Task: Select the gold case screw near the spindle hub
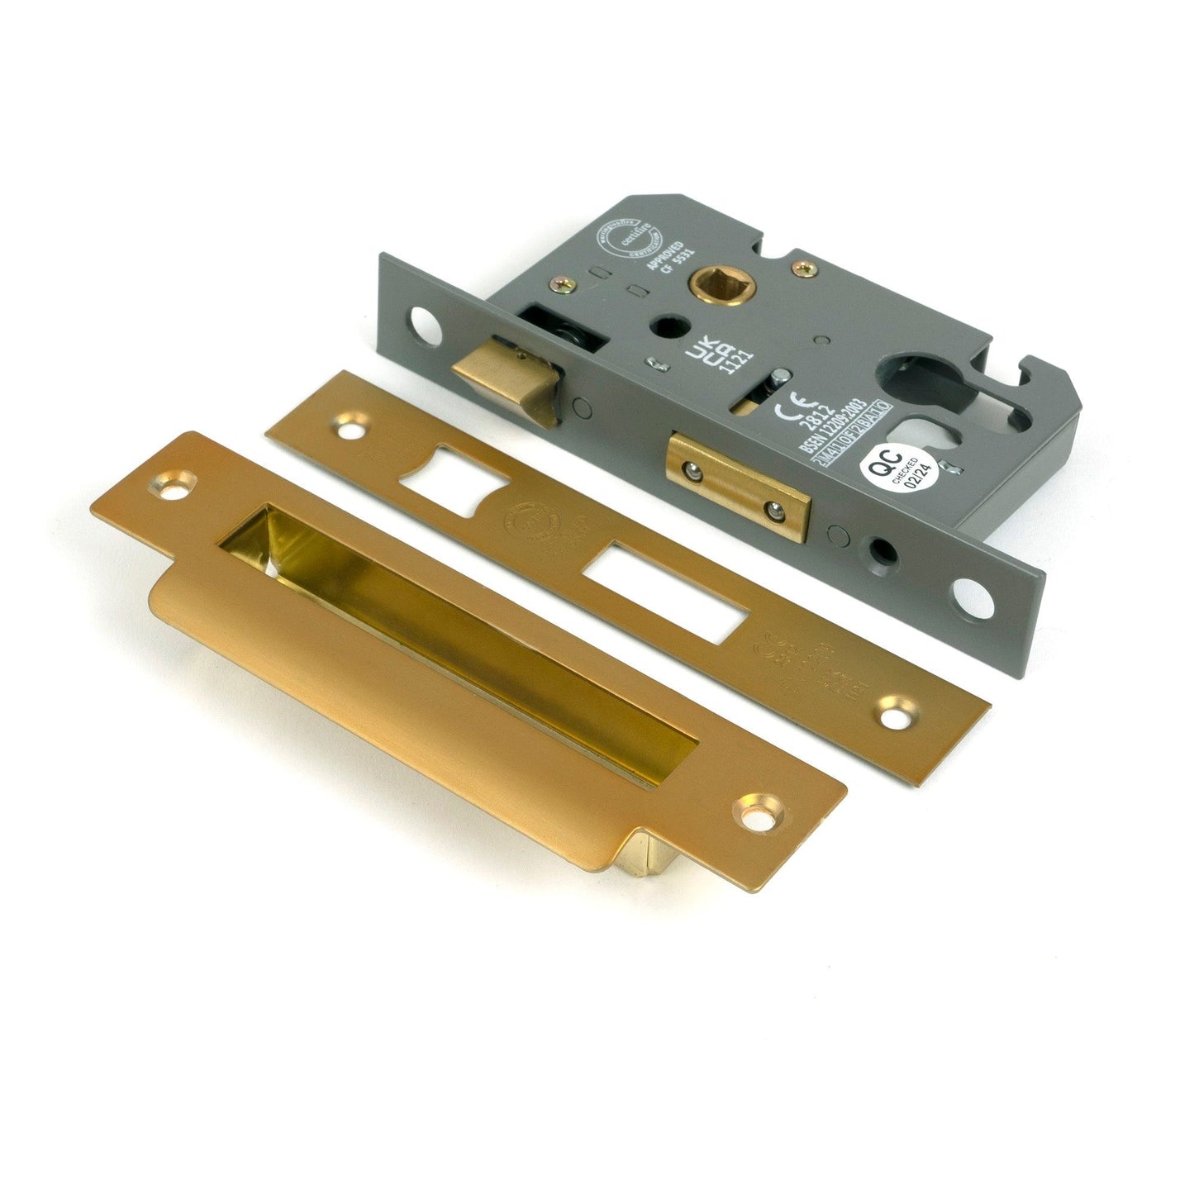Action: point(804,269)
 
